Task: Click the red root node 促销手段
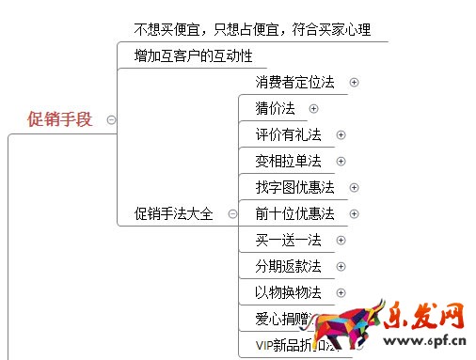coord(60,119)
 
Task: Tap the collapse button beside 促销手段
coord(112,119)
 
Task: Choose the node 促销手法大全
coord(174,213)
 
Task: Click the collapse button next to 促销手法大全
coord(232,213)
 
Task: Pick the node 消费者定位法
coord(294,83)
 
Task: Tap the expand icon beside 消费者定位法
coord(354,83)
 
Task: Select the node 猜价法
coord(275,109)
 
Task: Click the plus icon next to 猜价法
coord(313,109)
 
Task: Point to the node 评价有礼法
coord(288,135)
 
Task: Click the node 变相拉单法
coord(288,162)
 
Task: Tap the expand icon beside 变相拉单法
coord(341,162)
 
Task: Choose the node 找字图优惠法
coord(294,188)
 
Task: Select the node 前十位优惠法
coord(294,214)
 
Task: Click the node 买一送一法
coord(288,241)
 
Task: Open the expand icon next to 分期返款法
coord(341,267)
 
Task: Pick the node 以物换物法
coord(288,293)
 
